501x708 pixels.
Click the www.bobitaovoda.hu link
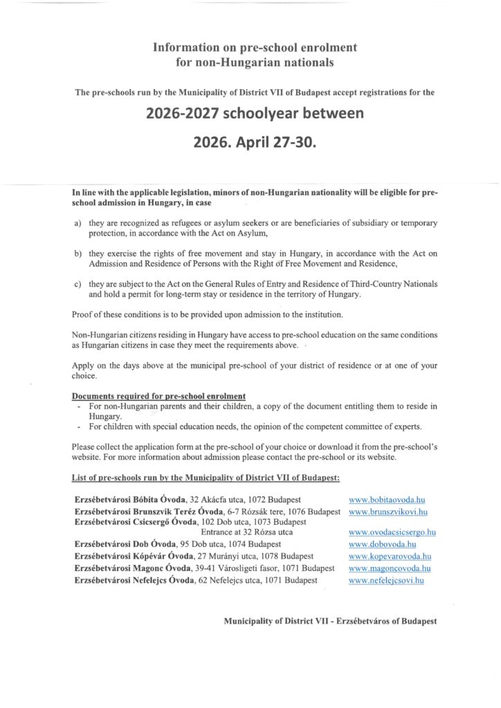click(386, 499)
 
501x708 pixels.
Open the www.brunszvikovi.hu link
click(388, 512)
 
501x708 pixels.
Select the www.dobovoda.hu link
click(382, 544)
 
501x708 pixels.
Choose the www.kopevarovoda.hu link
click(390, 556)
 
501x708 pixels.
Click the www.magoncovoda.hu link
click(390, 568)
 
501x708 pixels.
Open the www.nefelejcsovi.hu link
click(386, 580)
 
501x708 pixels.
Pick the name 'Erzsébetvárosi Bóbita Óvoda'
click(126, 499)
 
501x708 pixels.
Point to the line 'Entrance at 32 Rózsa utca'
click(246, 532)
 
